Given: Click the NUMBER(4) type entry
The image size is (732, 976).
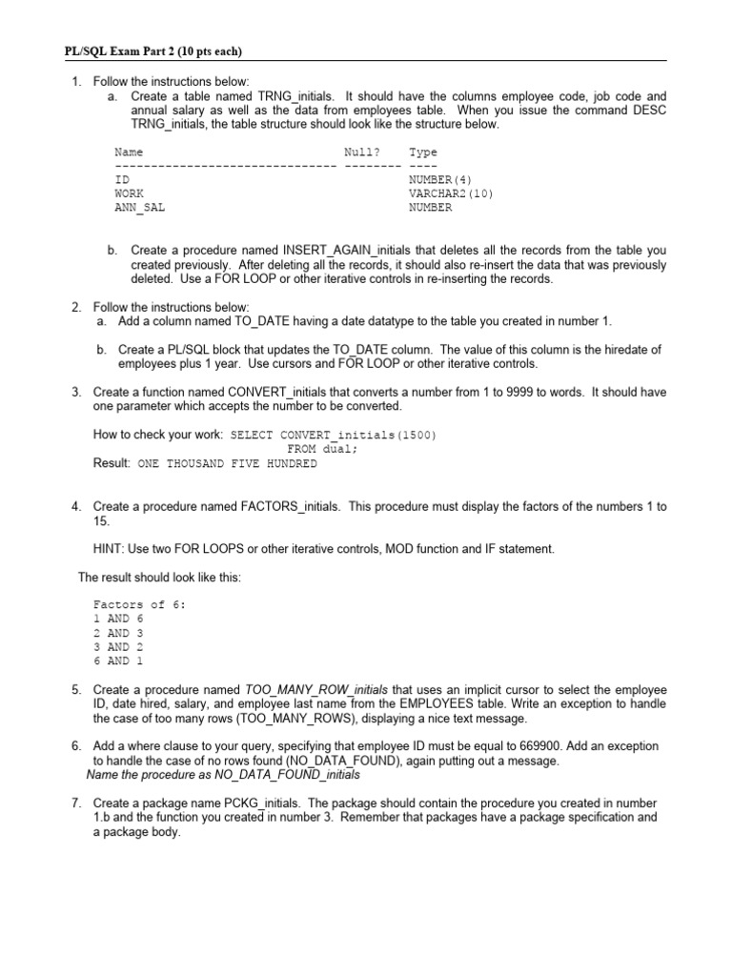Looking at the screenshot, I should click(x=439, y=179).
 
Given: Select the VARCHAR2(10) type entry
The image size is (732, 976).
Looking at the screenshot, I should click(x=451, y=193).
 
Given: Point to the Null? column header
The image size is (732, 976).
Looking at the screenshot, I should click(x=362, y=152).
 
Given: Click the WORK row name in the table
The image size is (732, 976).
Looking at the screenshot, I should click(x=129, y=193).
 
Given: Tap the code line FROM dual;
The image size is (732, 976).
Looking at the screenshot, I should click(x=322, y=449).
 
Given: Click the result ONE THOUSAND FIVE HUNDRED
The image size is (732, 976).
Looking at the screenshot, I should click(x=227, y=464).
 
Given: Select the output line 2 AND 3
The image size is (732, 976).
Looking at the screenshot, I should click(x=118, y=633).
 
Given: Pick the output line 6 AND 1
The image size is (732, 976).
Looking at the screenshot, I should click(x=118, y=661).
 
